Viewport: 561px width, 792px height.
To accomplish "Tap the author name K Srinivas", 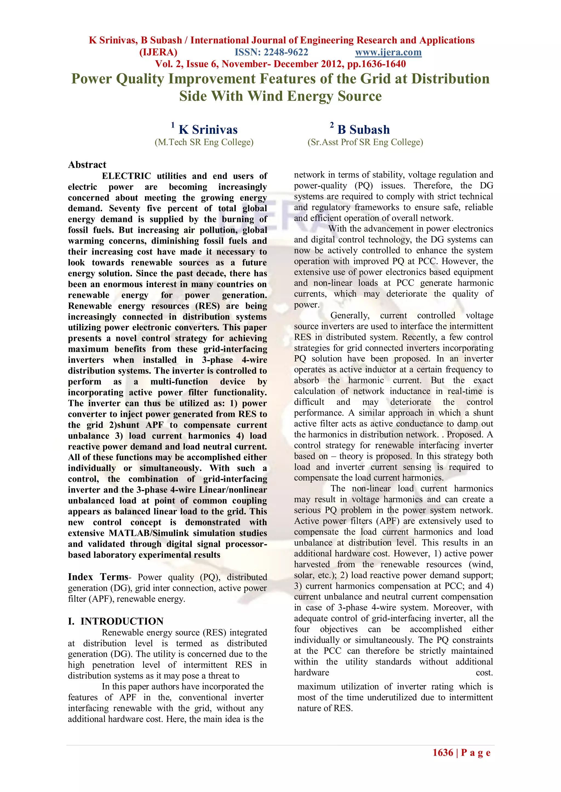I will [208, 130].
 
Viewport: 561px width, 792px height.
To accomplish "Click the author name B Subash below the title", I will [363, 130].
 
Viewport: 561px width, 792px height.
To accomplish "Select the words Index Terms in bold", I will [98, 577].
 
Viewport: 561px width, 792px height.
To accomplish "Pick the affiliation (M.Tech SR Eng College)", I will [204, 142].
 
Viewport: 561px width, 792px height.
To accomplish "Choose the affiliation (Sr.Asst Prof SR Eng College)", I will [365, 142].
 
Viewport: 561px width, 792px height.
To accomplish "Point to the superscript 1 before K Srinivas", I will [173, 125].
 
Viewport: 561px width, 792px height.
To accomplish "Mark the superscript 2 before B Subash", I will [332, 125].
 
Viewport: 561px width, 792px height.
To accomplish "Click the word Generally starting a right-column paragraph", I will [350, 316].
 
